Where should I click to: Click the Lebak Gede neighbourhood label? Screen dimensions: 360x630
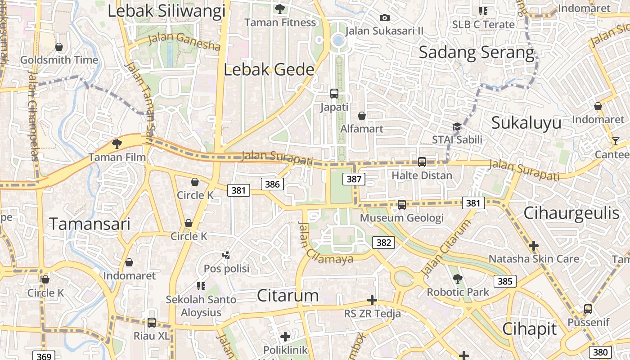point(269,70)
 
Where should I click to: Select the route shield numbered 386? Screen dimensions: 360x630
point(272,184)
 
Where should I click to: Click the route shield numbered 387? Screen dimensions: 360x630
point(354,179)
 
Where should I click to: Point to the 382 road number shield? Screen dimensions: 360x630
point(383,243)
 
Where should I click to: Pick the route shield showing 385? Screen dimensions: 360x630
point(505,281)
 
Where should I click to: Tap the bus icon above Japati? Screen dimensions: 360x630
point(334,94)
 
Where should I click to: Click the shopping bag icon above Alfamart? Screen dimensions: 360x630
point(361,116)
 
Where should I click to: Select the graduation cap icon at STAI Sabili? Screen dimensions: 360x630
point(457,126)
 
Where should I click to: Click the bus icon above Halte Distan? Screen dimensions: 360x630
point(422,162)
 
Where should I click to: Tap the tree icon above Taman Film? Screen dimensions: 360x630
point(117,144)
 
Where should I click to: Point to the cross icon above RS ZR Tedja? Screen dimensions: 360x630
point(372,300)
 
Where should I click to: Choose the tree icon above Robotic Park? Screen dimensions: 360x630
point(458,279)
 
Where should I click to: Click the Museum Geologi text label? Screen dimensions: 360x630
point(401,218)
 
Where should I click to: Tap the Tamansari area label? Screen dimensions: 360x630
point(90,224)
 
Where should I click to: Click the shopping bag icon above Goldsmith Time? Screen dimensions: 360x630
point(58,47)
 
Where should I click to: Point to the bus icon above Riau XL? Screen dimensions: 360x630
point(151,323)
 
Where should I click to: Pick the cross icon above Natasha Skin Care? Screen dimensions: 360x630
point(533,246)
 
